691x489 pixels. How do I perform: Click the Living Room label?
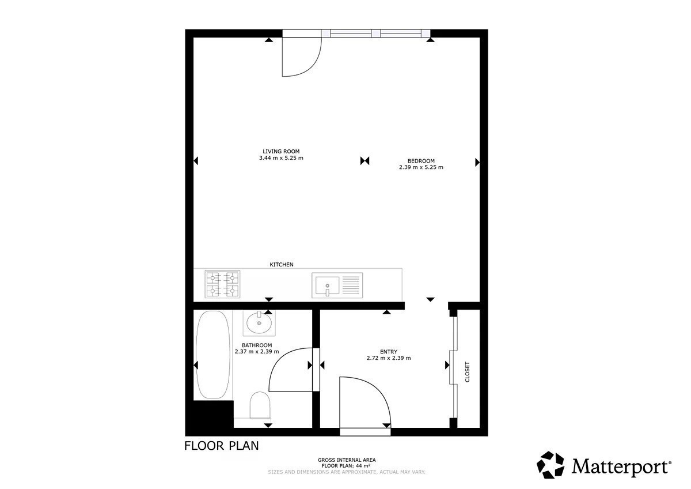click(281, 151)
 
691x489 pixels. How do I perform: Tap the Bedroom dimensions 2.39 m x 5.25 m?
click(421, 167)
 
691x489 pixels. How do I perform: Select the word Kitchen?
click(282, 265)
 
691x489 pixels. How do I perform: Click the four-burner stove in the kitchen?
click(222, 284)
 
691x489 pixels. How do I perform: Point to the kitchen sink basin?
click(327, 285)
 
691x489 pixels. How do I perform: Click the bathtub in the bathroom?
click(213, 355)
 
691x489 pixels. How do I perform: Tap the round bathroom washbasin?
click(259, 323)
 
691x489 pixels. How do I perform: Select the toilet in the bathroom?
click(260, 405)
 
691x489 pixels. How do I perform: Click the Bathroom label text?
click(257, 345)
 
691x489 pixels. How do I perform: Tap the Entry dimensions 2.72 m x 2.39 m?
click(389, 358)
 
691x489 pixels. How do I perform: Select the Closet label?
click(467, 372)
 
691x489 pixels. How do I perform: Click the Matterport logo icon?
click(550, 465)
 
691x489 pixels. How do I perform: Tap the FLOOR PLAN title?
click(222, 446)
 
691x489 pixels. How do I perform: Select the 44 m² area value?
click(364, 466)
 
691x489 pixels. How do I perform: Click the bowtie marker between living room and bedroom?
click(365, 161)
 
